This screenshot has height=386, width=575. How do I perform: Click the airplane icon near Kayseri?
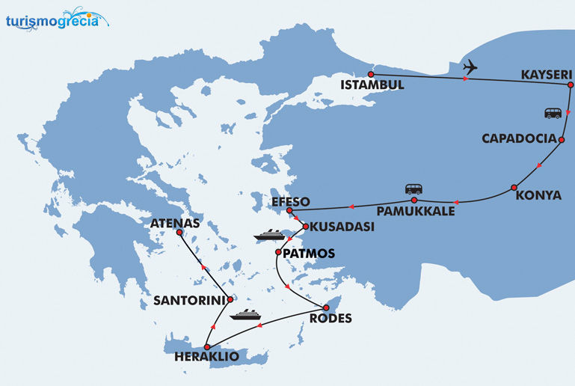(x=470, y=67)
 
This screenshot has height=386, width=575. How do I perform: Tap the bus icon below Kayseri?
(x=553, y=113)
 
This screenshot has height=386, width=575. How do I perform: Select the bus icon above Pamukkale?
(x=413, y=189)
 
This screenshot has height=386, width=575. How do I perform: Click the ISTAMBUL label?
(x=372, y=85)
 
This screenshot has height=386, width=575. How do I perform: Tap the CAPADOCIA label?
(x=519, y=139)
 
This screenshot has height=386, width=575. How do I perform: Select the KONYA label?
(x=538, y=196)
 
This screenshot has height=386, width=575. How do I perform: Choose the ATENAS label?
(x=176, y=222)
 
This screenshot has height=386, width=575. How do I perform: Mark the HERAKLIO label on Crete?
(x=206, y=358)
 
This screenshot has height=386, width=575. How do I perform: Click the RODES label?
(x=330, y=318)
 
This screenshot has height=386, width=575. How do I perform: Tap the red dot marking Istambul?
(x=371, y=74)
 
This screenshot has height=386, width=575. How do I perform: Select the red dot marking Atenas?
(x=179, y=233)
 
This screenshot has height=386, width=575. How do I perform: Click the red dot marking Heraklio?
(x=206, y=346)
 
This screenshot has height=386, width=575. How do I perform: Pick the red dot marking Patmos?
(x=278, y=253)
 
